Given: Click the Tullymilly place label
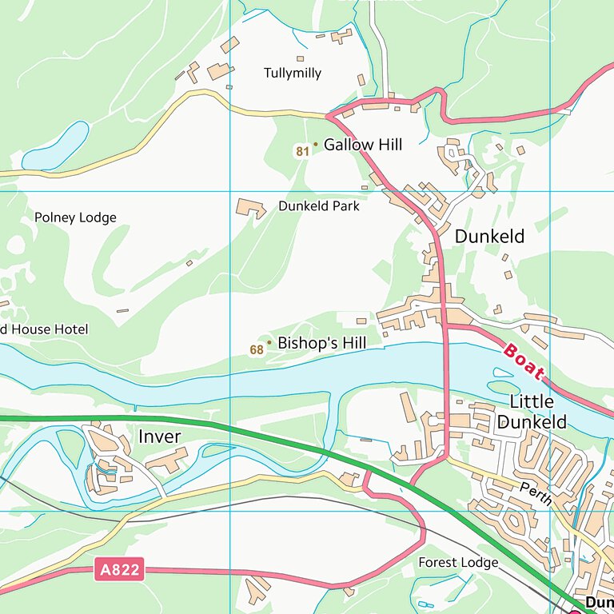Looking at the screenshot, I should (x=293, y=73).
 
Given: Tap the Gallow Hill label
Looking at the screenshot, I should (x=363, y=145).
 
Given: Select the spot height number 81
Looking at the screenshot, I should (x=301, y=151).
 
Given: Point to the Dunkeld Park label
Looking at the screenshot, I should (x=319, y=205).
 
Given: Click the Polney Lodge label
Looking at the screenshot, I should (x=75, y=217).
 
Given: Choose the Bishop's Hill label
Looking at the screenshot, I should (x=321, y=343).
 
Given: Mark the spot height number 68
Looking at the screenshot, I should (x=257, y=349).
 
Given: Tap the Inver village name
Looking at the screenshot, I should (x=160, y=437).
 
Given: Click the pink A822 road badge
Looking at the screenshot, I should (x=121, y=570).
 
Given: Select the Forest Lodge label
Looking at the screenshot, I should (x=458, y=563).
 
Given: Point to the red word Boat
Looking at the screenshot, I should (x=524, y=361).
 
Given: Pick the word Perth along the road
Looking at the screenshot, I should (x=535, y=493).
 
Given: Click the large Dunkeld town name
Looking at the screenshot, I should (x=489, y=237).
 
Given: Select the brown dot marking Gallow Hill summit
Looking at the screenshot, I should (x=315, y=145).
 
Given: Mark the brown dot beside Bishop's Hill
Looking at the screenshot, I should (x=269, y=342).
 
